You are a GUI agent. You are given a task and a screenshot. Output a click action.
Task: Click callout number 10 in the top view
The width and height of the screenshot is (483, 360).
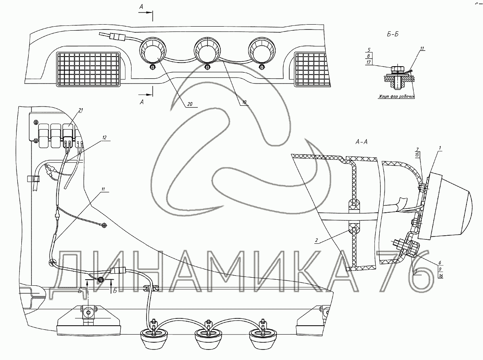245,103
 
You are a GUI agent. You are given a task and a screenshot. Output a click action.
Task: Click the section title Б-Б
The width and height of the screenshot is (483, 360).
393,35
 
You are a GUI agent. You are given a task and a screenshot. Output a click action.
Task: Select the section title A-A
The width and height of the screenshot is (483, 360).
361,142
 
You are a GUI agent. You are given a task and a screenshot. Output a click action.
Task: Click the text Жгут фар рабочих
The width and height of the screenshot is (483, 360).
396,97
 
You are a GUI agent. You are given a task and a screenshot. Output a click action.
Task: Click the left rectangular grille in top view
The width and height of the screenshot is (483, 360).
88,69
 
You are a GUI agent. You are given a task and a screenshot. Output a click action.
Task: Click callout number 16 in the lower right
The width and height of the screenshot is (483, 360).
441,276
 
